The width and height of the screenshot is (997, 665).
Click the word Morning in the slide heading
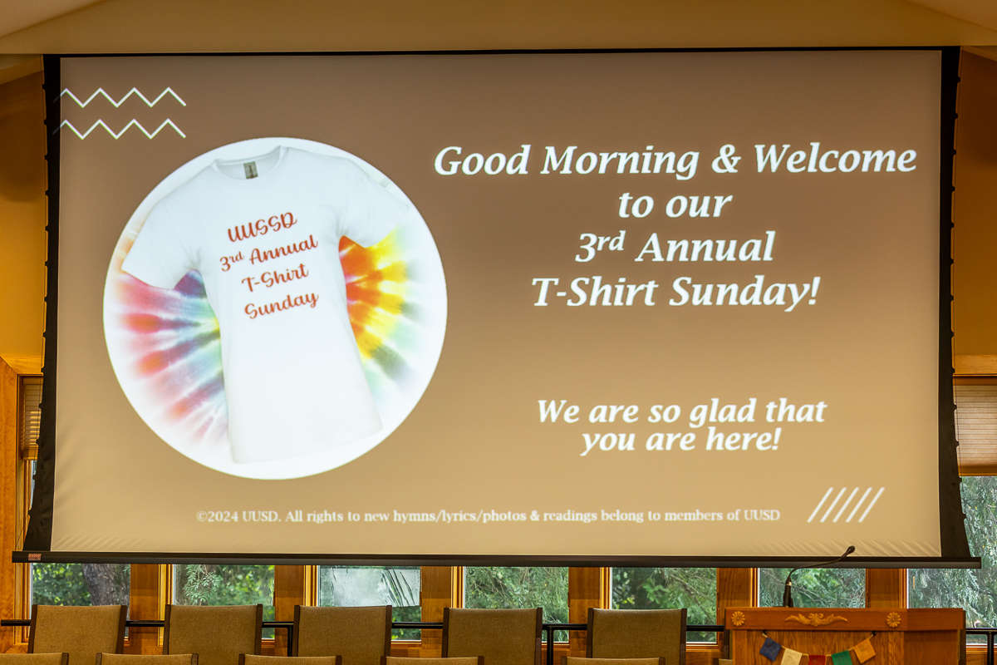(620, 162)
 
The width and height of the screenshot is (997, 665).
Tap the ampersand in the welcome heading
(726, 160)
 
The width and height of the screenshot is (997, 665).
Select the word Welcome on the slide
(834, 159)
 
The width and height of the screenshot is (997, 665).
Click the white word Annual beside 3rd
(705, 247)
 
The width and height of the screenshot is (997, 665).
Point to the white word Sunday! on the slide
(744, 292)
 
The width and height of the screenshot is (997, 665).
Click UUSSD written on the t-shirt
(262, 227)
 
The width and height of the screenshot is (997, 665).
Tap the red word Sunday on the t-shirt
(281, 305)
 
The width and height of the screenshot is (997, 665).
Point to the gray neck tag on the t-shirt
(251, 170)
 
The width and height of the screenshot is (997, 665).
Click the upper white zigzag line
(123, 97)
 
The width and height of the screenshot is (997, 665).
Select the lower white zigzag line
(123, 129)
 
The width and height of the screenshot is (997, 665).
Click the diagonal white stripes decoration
(846, 505)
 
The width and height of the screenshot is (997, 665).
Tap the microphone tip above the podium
(851, 550)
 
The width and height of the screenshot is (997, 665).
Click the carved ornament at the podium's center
(815, 619)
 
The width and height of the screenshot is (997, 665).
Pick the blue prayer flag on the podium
(770, 648)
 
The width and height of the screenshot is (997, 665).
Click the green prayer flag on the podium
(841, 658)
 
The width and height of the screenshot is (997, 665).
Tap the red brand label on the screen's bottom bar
(35, 556)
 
